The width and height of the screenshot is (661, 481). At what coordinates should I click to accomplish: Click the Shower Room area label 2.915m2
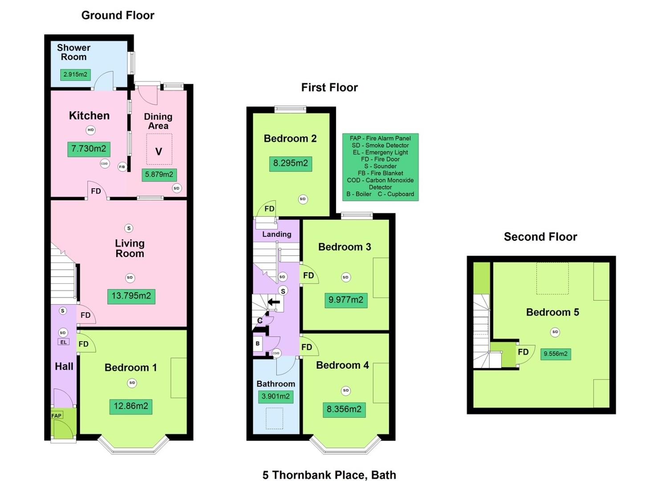point(75,74)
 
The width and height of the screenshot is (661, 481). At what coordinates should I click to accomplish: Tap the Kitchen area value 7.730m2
point(89,149)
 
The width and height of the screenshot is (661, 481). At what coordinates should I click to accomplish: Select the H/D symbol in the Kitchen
point(91,130)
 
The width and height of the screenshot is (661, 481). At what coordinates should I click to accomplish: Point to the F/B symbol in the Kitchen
point(122,167)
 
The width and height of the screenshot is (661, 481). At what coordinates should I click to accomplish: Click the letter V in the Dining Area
point(158,151)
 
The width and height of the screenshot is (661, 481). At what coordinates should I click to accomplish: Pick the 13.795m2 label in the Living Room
point(131,296)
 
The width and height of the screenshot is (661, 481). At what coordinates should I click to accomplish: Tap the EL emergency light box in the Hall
point(63,342)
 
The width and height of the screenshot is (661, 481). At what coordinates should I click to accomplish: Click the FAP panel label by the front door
point(57,416)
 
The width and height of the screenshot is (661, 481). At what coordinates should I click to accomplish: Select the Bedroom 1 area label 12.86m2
point(131,406)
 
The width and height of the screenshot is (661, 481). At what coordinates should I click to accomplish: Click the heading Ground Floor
point(118,15)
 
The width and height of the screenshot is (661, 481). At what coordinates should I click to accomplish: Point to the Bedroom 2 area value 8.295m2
point(290,163)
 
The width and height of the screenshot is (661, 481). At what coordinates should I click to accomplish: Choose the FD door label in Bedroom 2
point(269,209)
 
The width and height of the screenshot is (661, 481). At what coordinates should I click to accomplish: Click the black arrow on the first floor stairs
point(274,302)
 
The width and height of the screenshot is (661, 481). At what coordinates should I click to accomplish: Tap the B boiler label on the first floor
point(258,343)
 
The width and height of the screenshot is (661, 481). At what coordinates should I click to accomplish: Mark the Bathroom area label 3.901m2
point(276,396)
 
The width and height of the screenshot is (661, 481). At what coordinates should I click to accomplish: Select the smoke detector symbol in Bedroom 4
point(345,391)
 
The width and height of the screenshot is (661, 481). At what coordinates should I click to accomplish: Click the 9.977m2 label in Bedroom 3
point(346,300)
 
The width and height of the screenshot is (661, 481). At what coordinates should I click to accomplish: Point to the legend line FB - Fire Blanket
point(380,173)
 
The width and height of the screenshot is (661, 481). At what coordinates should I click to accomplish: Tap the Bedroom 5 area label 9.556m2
point(556,354)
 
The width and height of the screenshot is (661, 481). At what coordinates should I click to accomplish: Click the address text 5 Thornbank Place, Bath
point(329,475)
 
